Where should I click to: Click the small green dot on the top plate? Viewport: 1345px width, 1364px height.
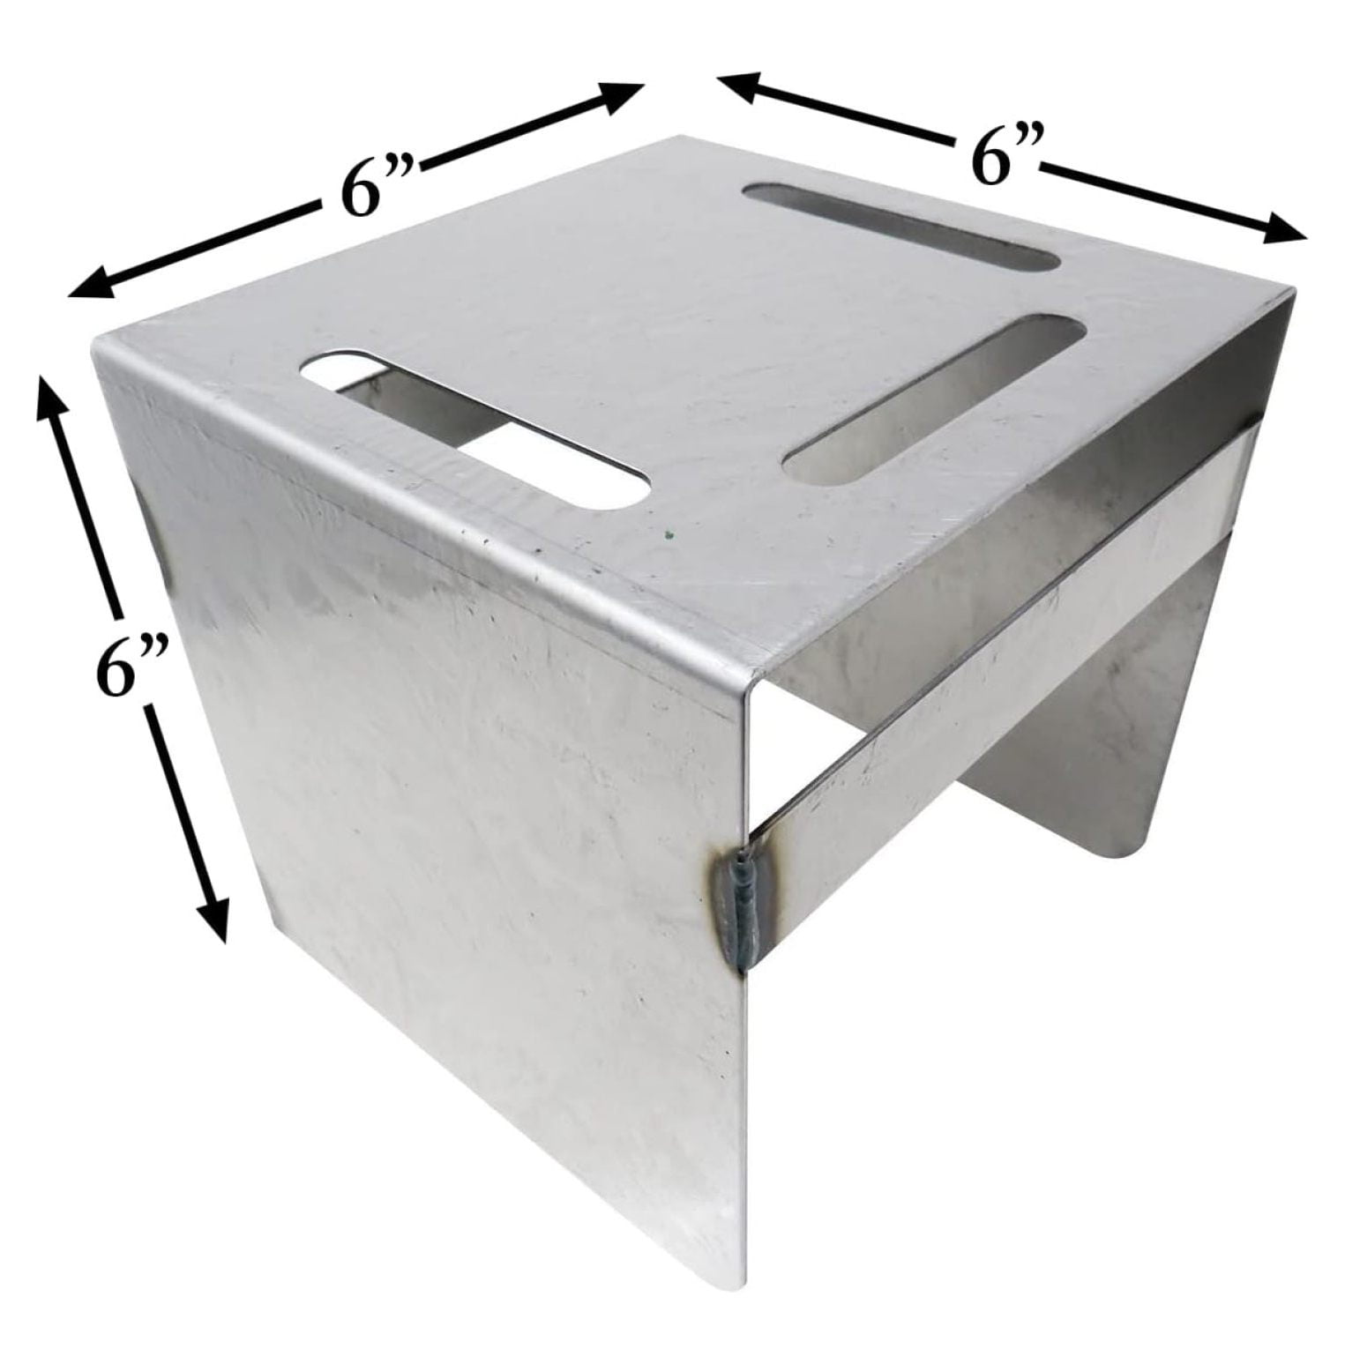(669, 533)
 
